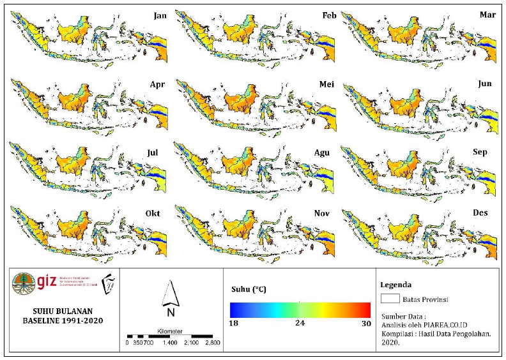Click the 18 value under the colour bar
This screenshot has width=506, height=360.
point(233,324)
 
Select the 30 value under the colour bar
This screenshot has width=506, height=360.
point(365,324)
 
